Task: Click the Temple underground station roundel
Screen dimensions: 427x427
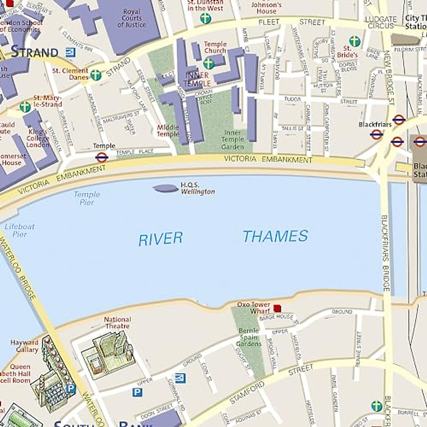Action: pos(101,157)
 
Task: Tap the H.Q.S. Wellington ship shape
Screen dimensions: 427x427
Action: pos(166,189)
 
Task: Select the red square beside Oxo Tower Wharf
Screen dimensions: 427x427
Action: pos(277,308)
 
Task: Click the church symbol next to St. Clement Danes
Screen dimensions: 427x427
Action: pos(96,75)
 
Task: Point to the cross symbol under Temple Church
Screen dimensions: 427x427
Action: pos(209,64)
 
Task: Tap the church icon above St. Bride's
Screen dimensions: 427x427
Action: pos(354,41)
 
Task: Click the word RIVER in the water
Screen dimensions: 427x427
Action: pos(160,239)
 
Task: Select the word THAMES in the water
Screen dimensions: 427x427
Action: pos(275,236)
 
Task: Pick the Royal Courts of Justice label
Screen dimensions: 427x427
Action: pos(131,18)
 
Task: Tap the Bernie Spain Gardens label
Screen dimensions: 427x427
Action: pos(249,337)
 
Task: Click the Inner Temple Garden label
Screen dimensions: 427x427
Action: pos(233,139)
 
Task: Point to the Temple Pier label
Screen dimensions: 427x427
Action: pos(87,198)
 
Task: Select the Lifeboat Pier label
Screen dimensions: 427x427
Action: pos(20,230)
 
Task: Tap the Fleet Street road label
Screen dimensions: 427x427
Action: pos(292,22)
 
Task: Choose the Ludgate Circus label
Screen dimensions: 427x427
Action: pos(381,22)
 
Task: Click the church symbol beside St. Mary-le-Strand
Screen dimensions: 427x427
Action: pos(25,107)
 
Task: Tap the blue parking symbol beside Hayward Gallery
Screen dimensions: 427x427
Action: pos(71,388)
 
